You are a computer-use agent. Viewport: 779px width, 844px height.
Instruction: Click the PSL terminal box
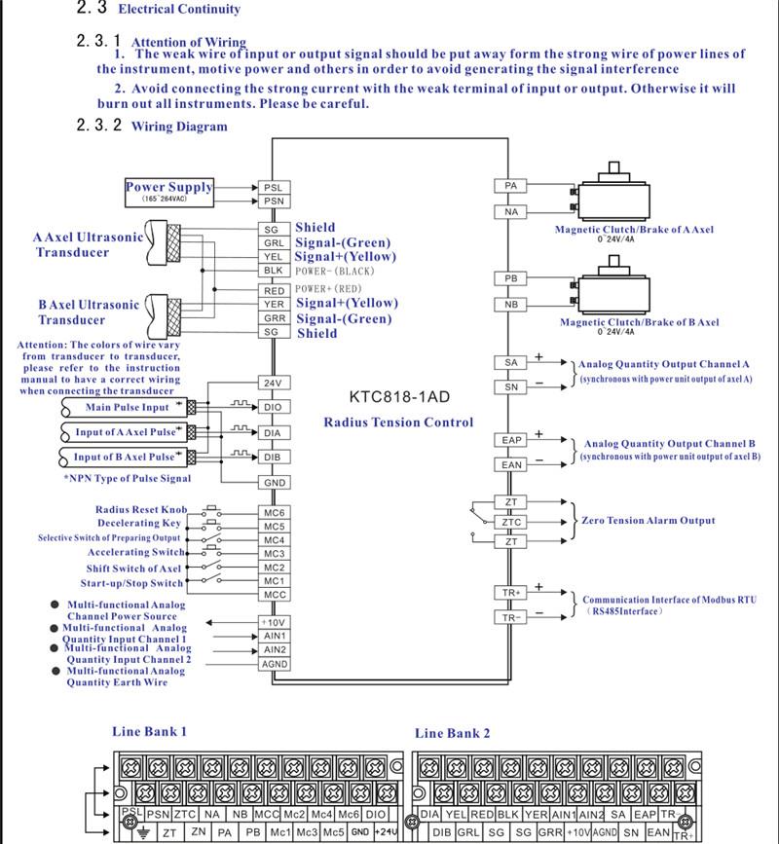(274, 188)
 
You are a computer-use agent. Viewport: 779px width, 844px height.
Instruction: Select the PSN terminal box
(274, 202)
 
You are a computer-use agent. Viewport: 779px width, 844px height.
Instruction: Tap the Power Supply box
(168, 191)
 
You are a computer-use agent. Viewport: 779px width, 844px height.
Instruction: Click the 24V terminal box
(274, 383)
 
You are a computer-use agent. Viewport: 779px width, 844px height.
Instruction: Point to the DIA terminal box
(274, 432)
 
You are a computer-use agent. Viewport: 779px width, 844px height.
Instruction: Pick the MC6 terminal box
(274, 512)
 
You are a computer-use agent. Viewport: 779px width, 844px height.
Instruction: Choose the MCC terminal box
(274, 594)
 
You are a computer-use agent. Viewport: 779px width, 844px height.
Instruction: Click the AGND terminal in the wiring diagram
(274, 664)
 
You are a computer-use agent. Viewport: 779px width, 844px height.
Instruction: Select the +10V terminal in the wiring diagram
(274, 622)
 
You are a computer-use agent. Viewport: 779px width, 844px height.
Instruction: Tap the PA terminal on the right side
(511, 185)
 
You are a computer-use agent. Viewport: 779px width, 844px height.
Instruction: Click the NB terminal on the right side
(511, 305)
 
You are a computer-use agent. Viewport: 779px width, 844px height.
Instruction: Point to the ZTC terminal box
(511, 522)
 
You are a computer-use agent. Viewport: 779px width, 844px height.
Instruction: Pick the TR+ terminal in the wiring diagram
(511, 592)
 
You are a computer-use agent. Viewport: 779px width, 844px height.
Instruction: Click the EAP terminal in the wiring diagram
(511, 440)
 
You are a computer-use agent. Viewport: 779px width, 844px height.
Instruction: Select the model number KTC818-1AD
(398, 397)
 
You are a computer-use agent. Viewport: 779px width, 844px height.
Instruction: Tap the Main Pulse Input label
(129, 407)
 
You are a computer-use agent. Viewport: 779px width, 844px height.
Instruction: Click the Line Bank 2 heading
(452, 733)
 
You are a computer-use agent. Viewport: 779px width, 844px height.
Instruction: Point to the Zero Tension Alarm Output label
(648, 521)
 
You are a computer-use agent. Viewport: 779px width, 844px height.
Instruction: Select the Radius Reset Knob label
(141, 510)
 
